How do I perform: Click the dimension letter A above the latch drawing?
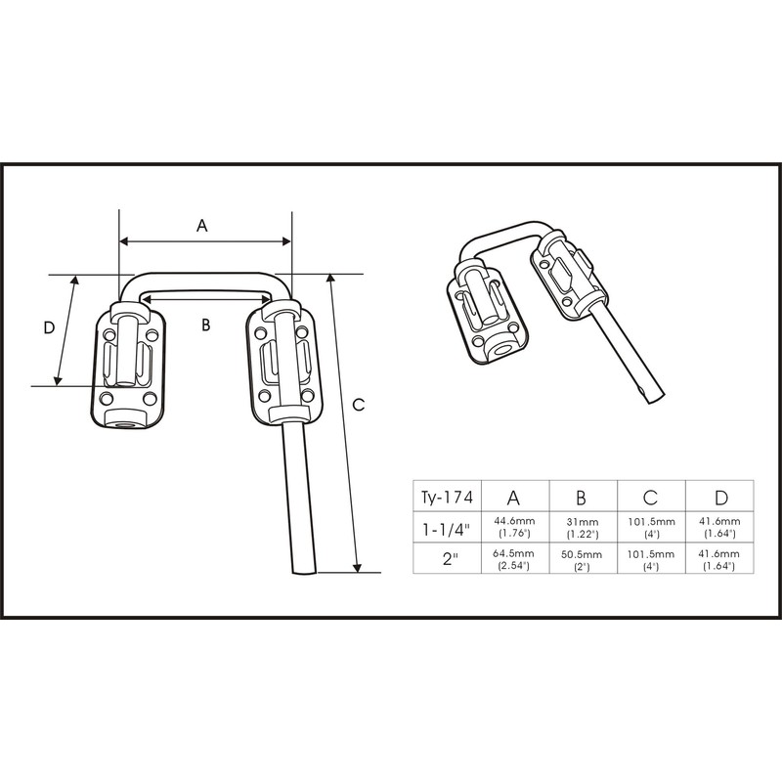[x=202, y=225]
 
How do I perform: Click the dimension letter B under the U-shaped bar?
[x=205, y=326]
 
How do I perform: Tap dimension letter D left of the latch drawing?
[x=49, y=329]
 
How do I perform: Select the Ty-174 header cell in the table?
[x=447, y=496]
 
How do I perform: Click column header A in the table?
[x=515, y=496]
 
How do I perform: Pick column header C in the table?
[x=652, y=496]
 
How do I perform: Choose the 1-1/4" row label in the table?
[x=447, y=528]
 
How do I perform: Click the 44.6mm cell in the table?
[x=515, y=528]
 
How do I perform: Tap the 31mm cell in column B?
[x=584, y=528]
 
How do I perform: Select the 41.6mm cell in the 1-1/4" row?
[x=720, y=528]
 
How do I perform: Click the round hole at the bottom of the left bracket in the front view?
[x=124, y=421]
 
